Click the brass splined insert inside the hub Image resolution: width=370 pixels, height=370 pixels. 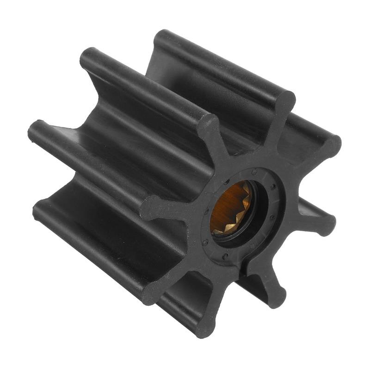(230, 208)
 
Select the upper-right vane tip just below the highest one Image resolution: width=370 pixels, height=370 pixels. (330, 145)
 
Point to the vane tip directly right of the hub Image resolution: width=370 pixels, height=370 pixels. (326, 222)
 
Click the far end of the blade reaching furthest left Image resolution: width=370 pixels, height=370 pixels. (35, 129)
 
